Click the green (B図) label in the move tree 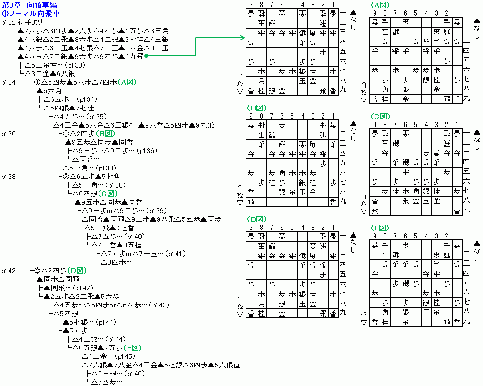point(106,134)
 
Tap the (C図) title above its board point(381,116)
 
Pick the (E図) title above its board point(381,227)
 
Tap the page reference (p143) point(159,305)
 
